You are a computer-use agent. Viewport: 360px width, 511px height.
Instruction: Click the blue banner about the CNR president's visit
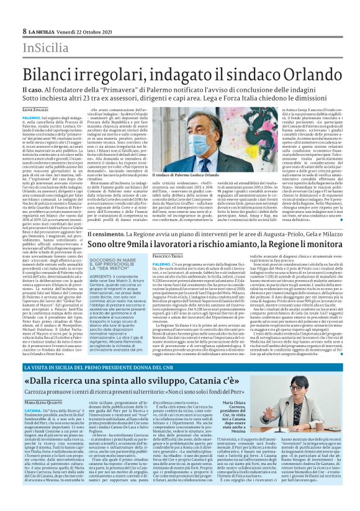click(x=180, y=350)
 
